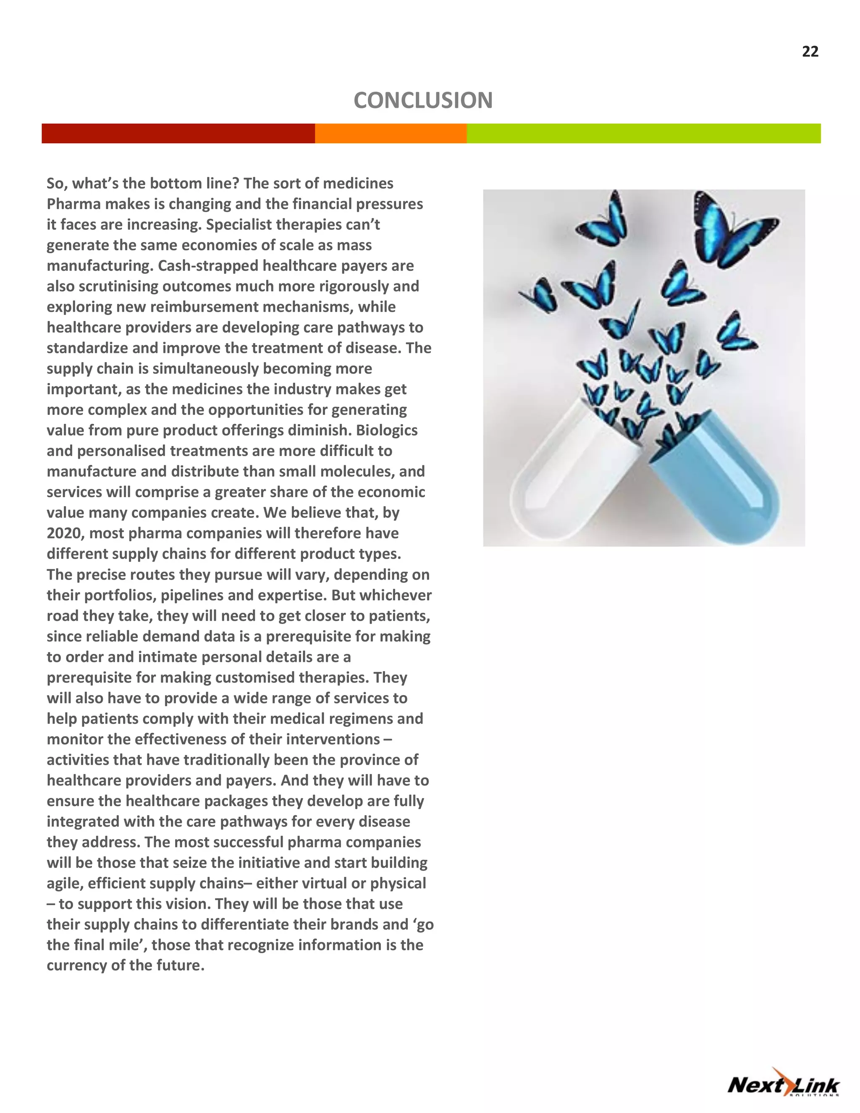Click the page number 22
click(810, 52)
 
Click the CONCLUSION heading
click(423, 100)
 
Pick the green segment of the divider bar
click(643, 134)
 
